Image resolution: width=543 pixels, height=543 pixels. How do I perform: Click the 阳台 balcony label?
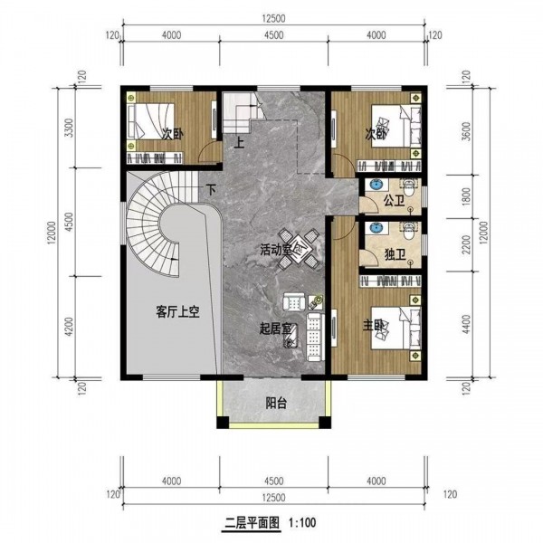click(276, 403)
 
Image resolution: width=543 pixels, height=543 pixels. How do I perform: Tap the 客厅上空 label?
click(177, 312)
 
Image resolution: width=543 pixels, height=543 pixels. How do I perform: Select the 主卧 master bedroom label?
click(373, 325)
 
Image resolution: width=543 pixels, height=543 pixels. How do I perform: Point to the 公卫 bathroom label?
click(395, 201)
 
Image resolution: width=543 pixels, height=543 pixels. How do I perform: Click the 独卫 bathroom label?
click(395, 255)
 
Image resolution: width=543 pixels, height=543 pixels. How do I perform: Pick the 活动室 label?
click(276, 250)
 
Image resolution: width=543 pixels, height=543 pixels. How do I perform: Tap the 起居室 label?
click(276, 329)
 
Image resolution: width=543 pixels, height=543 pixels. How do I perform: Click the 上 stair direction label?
click(239, 143)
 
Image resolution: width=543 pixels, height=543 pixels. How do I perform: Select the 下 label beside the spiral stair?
click(211, 190)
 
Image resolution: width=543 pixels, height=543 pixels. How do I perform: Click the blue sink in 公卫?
click(376, 185)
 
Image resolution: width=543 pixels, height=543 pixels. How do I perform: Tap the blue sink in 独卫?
click(376, 228)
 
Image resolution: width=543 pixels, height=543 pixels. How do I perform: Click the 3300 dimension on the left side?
click(70, 128)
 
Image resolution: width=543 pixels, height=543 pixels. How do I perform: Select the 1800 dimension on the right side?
click(466, 196)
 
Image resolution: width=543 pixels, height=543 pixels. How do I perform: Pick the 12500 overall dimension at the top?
click(273, 18)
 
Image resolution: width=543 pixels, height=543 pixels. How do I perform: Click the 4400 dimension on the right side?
click(466, 324)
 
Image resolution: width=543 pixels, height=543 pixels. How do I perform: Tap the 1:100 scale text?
click(302, 522)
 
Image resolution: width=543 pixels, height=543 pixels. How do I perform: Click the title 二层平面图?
click(252, 522)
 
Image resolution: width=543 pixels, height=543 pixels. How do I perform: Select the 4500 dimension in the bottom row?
click(273, 481)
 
